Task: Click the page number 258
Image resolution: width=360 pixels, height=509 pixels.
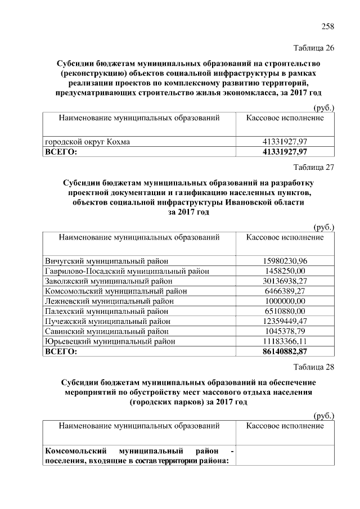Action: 327,26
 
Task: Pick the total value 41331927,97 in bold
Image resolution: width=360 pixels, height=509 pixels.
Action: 285,152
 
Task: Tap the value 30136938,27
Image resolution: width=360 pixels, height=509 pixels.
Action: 285,281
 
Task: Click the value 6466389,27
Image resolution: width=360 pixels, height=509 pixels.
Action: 285,291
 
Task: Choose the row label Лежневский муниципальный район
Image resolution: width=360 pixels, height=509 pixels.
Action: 109,301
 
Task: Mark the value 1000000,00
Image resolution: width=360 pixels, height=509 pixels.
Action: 285,301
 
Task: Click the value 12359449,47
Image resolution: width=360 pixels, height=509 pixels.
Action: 285,321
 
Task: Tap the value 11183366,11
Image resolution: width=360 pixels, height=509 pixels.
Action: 285,341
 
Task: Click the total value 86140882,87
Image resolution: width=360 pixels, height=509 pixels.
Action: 285,352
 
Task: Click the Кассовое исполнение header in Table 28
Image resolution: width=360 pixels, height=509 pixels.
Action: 285,426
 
